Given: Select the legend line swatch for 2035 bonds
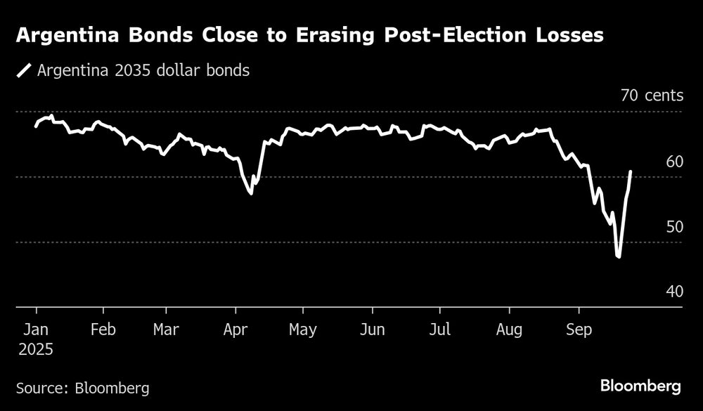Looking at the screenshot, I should (x=25, y=71).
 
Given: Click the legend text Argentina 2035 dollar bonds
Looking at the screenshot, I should (x=143, y=71).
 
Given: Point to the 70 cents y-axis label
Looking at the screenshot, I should (x=651, y=96).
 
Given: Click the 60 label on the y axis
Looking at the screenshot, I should (x=674, y=162).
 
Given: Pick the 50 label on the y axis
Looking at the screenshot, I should (x=674, y=227).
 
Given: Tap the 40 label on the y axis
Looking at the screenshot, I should (x=674, y=292).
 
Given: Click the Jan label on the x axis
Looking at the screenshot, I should (x=36, y=330).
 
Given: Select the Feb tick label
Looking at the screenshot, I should (x=103, y=330).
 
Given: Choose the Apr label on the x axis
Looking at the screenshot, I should (x=236, y=330).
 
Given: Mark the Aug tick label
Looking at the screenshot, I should (x=509, y=330).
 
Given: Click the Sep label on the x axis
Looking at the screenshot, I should (x=579, y=330).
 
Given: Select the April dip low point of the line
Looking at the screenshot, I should (x=251, y=193).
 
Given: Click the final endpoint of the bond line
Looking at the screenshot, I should (x=631, y=171).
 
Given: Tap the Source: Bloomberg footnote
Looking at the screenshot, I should (x=82, y=388).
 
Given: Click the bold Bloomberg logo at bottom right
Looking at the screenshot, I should (x=640, y=386).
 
